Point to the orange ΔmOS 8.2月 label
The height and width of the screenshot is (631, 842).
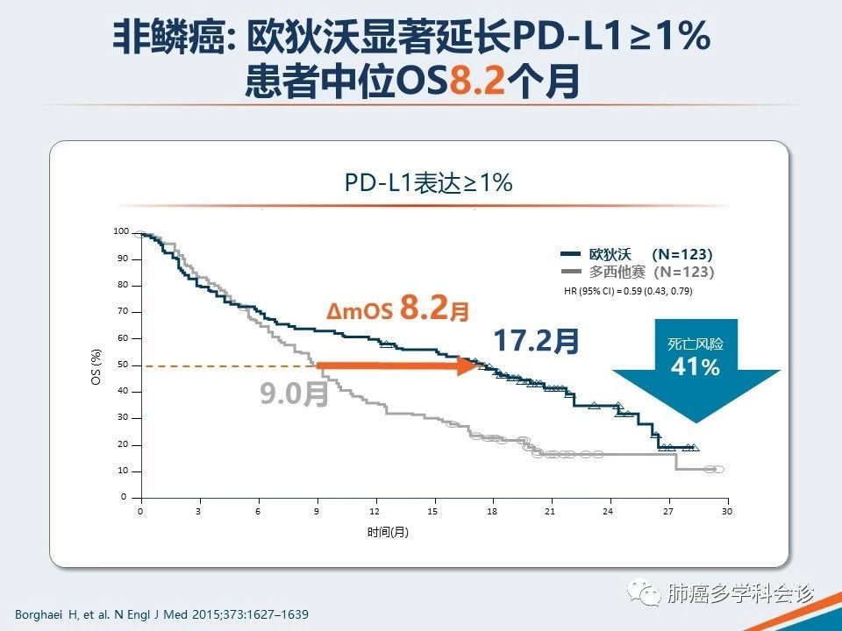(x=398, y=309)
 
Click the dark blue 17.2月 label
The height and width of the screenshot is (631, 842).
(x=536, y=342)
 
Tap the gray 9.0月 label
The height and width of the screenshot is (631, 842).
(x=294, y=393)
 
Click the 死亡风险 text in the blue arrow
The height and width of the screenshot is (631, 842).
(x=695, y=344)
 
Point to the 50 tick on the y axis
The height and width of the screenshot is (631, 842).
(x=122, y=365)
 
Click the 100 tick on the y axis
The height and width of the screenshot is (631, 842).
(x=121, y=231)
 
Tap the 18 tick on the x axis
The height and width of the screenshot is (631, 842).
(x=492, y=511)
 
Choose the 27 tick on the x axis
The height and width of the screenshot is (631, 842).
(x=667, y=511)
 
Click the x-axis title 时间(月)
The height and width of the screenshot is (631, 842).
(x=388, y=532)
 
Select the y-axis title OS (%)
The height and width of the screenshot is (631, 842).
(x=98, y=366)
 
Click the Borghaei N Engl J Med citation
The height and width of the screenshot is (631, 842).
(x=162, y=614)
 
